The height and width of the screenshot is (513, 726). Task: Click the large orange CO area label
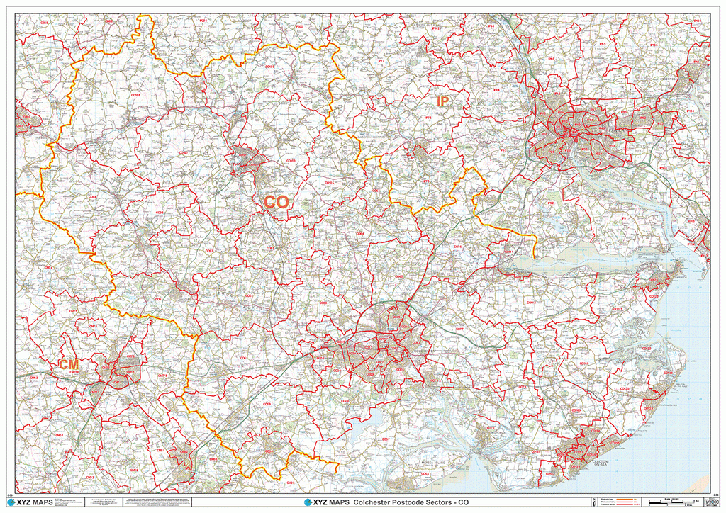[277, 202]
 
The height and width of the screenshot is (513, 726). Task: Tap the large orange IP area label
[442, 102]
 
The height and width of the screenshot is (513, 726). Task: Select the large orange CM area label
[69, 364]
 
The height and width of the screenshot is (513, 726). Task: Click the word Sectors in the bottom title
[430, 502]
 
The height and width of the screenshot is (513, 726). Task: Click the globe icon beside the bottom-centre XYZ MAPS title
[308, 502]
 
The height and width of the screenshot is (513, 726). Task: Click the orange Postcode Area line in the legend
[625, 499]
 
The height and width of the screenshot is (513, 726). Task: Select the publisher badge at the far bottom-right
[702, 502]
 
